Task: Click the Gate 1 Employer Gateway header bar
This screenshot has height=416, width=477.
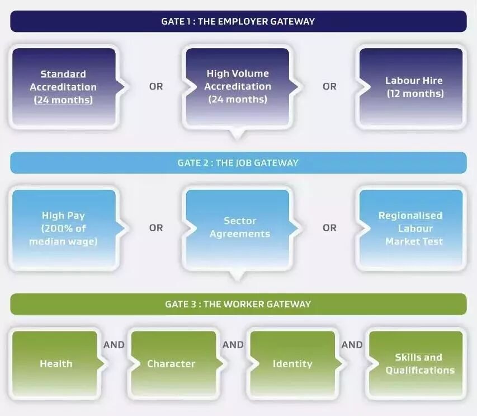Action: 238,21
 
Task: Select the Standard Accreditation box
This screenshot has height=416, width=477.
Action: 63,87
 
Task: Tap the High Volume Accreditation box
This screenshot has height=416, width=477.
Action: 238,87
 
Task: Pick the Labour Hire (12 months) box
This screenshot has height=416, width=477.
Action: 414,87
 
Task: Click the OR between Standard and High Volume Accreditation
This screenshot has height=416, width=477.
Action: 156,87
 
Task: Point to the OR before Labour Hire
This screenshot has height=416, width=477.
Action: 329,87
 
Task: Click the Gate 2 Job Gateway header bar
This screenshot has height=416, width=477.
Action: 238,163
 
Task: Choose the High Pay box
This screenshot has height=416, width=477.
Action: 63,228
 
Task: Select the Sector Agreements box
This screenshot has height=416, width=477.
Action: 239,228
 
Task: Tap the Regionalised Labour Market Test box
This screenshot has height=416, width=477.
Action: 413,228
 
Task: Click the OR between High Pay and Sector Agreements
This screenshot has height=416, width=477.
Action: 156,228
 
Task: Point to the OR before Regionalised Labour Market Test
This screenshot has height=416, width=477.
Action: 329,228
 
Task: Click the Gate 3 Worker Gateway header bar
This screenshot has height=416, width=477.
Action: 238,304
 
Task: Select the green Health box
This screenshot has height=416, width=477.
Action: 56,364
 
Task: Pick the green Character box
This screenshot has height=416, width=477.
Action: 171,364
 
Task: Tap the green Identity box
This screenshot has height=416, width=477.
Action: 292,364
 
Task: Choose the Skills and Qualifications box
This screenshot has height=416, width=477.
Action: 419,364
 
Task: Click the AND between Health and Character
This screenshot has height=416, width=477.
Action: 114,345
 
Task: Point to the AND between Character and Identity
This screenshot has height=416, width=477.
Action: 233,345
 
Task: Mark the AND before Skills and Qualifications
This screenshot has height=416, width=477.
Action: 352,345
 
